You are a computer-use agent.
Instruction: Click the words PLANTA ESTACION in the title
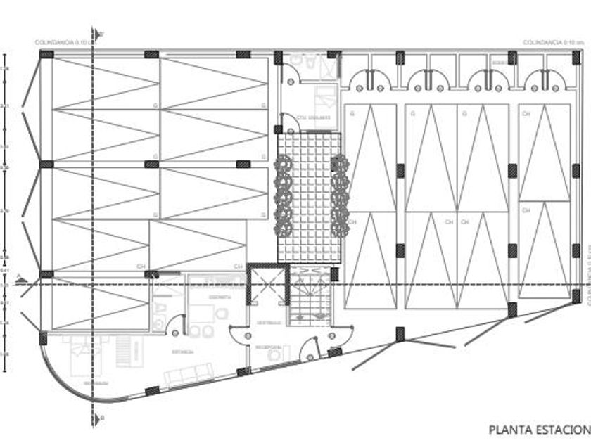point(539,428)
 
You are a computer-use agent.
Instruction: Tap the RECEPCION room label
point(269,347)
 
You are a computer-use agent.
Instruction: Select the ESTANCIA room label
point(186,352)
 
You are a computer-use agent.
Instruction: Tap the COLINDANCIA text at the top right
point(549,42)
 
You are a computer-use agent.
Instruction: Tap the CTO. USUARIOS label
point(310,117)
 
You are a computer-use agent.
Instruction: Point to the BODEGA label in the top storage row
point(500,63)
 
